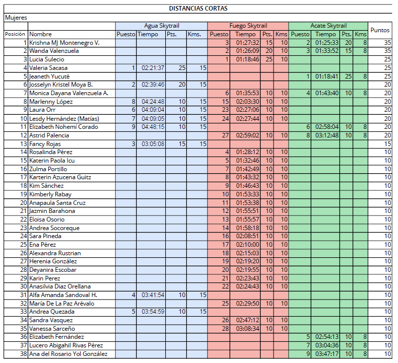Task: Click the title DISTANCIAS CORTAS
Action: tap(198, 9)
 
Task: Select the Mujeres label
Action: tap(16, 18)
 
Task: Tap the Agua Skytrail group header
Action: tap(161, 26)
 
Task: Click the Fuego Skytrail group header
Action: tap(248, 26)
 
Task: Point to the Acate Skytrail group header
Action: tap(328, 26)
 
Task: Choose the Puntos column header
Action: tap(380, 30)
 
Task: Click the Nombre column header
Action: tap(40, 34)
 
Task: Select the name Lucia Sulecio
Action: tap(47, 59)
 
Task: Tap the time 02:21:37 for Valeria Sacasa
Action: tap(153, 68)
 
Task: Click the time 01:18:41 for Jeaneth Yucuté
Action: tap(326, 77)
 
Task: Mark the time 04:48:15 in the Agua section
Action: tap(153, 127)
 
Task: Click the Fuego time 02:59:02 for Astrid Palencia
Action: tap(247, 135)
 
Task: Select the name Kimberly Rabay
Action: tap(50, 194)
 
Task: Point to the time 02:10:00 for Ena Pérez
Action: tap(247, 245)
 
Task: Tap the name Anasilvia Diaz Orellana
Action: tap(60, 286)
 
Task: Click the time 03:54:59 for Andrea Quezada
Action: tap(153, 312)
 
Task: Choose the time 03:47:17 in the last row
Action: tap(326, 353)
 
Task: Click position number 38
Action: tap(24, 353)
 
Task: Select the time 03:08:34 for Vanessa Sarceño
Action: tap(247, 328)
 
